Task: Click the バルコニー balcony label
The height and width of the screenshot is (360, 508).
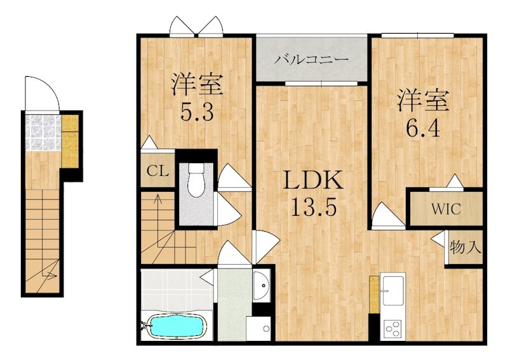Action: (311, 60)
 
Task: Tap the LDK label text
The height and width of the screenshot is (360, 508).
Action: (313, 180)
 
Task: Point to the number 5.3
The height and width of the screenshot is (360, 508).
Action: (197, 112)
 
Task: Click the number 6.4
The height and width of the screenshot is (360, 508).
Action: (423, 128)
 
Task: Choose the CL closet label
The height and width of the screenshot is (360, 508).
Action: (157, 171)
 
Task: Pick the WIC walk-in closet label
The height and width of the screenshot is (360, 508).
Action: (446, 209)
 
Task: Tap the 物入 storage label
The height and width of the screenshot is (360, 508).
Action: (465, 248)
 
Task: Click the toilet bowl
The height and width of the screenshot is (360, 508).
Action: (196, 179)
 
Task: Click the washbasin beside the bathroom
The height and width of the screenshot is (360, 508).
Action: (262, 285)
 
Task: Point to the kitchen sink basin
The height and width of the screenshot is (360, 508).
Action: (393, 291)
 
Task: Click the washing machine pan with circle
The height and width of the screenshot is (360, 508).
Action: (258, 328)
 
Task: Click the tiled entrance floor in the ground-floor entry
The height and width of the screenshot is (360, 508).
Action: (43, 133)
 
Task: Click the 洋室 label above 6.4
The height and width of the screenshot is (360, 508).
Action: (423, 101)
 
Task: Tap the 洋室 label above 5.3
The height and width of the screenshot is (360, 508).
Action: (197, 84)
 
